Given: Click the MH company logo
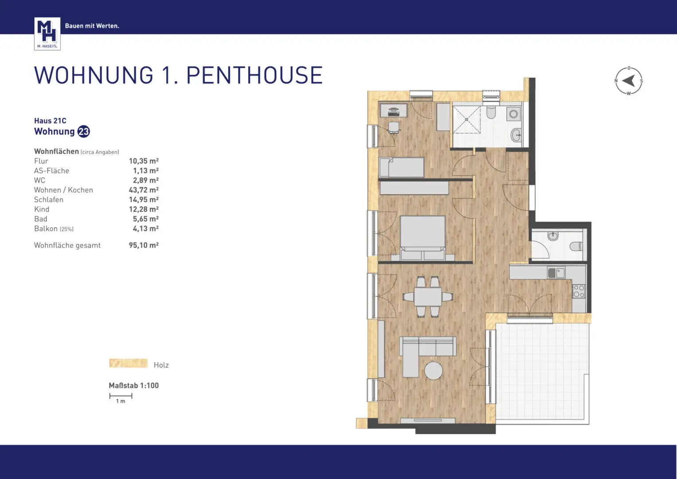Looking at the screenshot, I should coord(47,34).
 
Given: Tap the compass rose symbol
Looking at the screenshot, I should coord(628,81).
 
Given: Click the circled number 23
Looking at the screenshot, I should coord(83,132).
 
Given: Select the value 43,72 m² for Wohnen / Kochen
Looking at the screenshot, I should coord(144,190).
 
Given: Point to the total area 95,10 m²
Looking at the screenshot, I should coord(144,245).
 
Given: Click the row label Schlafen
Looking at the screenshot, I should coord(49,200).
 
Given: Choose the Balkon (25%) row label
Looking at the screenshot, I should coord(54,229).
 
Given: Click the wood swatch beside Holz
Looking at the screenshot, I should coord(128,363).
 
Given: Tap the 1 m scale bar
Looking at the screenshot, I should coord(121,396).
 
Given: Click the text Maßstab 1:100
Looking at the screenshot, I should coord(133,385).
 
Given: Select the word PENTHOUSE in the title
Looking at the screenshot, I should coord(254,75).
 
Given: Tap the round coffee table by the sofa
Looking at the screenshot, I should coord(433,370).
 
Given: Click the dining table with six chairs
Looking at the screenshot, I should coord(428,297).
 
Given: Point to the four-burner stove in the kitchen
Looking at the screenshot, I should coord(579,291).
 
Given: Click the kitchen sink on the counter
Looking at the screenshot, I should coord(556,272).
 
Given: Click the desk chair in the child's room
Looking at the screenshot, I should coord(393,128).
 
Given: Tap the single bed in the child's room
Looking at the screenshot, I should coord(401,167).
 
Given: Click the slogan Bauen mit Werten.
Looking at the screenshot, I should coord(92,26).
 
